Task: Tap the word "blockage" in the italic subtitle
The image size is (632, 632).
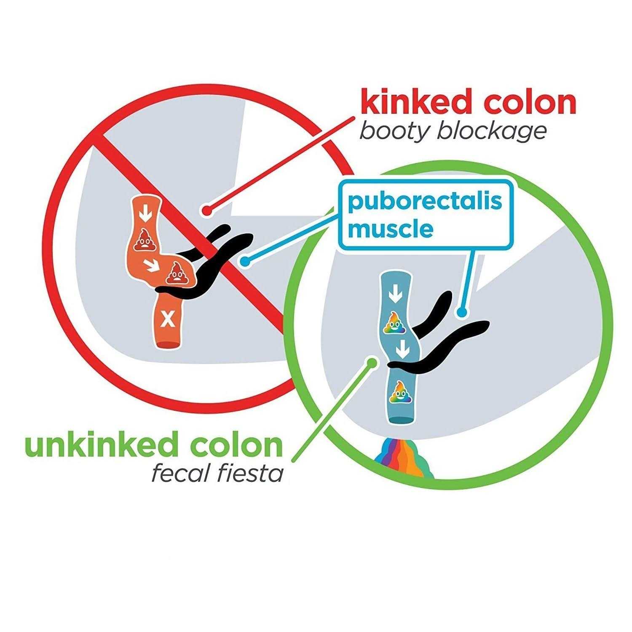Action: point(492,131)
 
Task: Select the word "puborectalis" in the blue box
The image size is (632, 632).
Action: point(425,201)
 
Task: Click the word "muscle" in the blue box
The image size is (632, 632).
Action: point(391,229)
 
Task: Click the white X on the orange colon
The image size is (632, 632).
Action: point(169,321)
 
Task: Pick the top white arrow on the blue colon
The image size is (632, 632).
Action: point(395,295)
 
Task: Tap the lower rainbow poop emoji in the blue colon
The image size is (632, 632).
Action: point(400,391)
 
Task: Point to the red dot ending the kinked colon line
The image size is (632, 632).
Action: point(206,209)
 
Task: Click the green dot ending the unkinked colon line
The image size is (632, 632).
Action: point(372,362)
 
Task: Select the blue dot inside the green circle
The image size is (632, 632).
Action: point(462,313)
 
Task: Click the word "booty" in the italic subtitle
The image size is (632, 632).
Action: point(394,131)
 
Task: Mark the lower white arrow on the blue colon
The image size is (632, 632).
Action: point(403,348)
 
